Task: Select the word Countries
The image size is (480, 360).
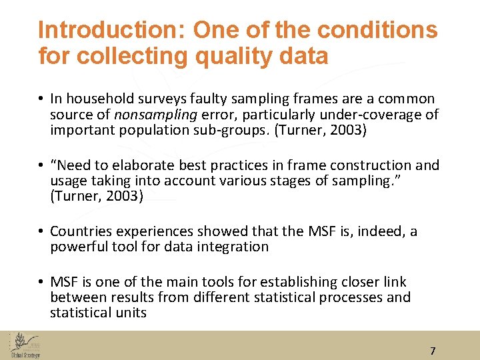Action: click(81, 231)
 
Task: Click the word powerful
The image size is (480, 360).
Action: click(77, 247)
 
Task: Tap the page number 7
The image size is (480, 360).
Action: click(433, 351)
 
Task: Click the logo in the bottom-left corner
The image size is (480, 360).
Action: click(25, 345)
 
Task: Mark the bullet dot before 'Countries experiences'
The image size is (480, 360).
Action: click(41, 231)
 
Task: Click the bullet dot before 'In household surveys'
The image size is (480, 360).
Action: click(41, 99)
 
